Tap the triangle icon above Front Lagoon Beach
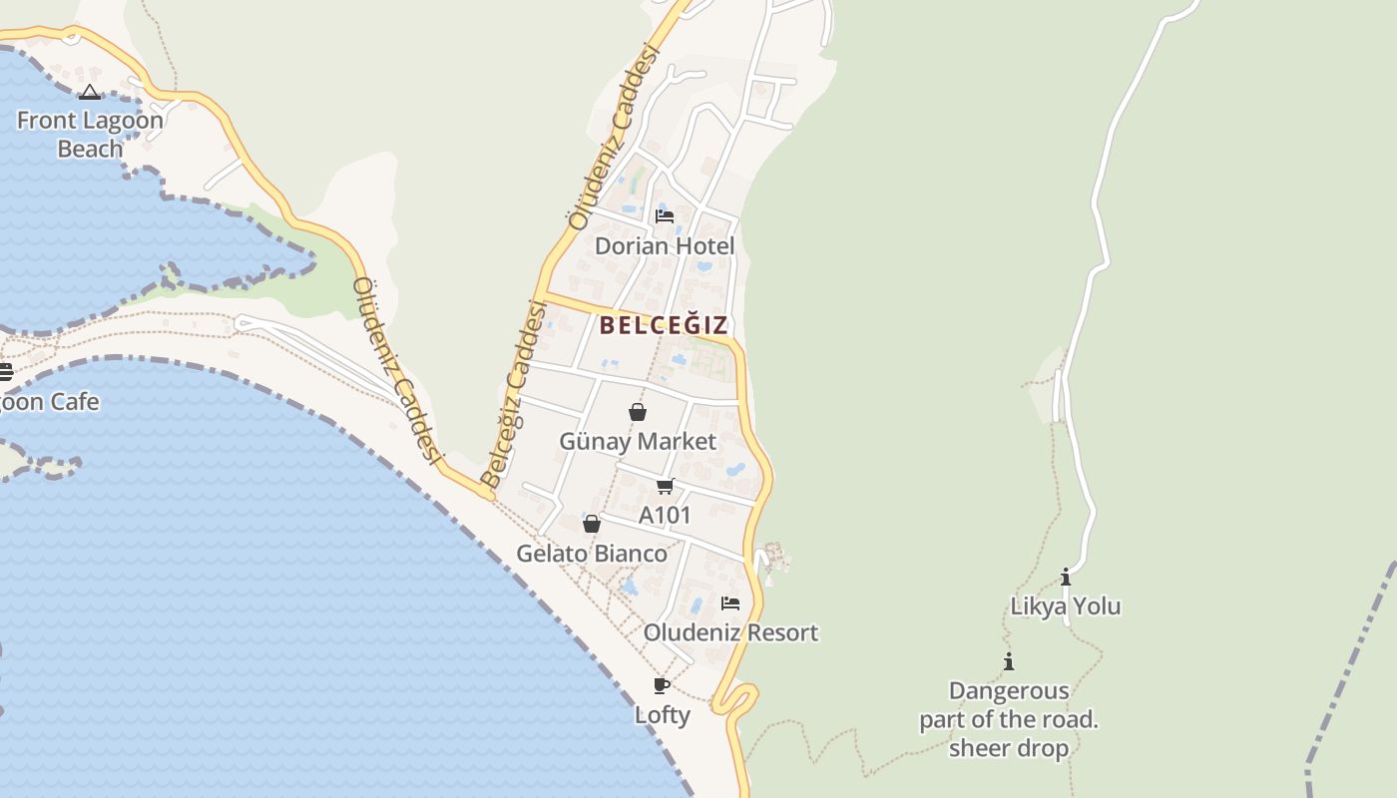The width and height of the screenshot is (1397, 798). pos(90,93)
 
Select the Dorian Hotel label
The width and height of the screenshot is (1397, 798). pos(665,245)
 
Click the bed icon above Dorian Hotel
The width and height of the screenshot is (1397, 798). pos(665,215)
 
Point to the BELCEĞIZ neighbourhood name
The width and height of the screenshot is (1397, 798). pos(664,325)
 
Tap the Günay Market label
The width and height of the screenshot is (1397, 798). pos(638,441)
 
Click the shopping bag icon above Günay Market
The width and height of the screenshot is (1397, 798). pos(638,412)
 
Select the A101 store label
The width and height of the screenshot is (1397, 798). pos(665,515)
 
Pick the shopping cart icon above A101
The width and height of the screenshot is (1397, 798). pos(666,486)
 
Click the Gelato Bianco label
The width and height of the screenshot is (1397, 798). pos(592,553)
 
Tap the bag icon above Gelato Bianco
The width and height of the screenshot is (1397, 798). pos(592,524)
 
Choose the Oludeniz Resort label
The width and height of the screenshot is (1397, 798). pos(730,632)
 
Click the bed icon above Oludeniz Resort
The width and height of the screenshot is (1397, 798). pos(730,603)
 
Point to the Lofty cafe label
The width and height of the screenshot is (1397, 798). pos(663,714)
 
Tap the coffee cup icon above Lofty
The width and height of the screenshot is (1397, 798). pos(662,685)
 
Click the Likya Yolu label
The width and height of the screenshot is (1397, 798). pos(1066,605)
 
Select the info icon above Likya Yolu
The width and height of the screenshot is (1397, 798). pos(1066,577)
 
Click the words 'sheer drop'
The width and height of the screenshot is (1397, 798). pos(1009,748)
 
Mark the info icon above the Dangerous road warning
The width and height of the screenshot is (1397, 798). pos(1009,661)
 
